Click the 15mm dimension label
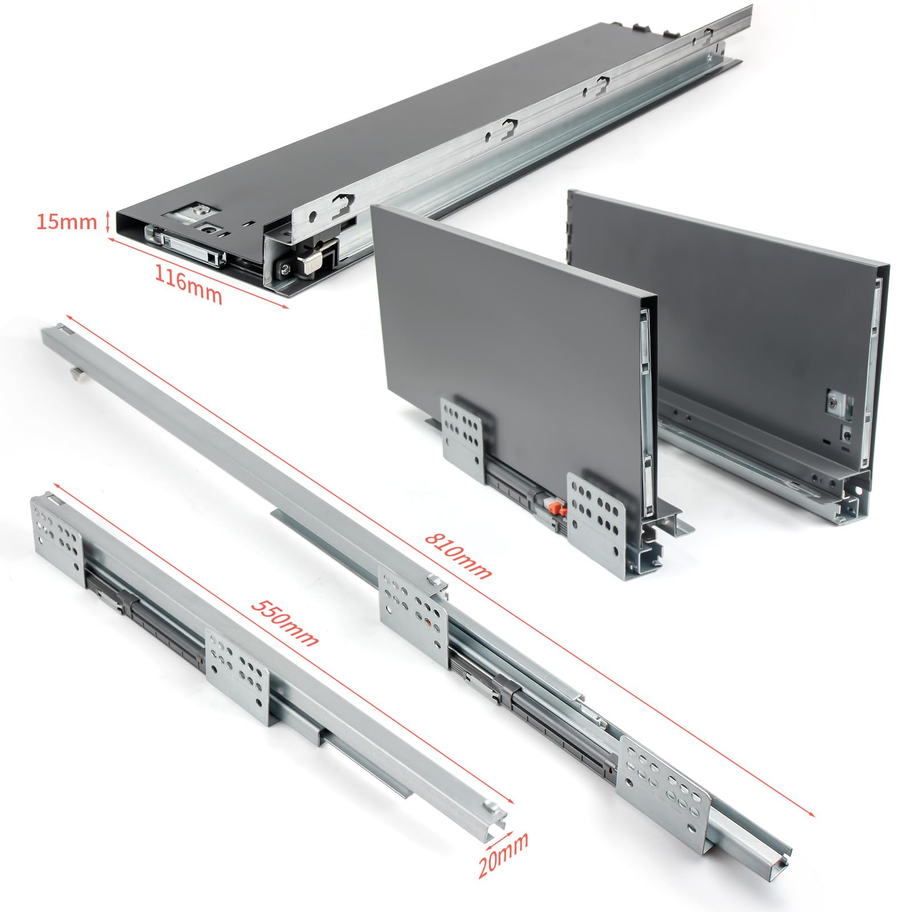coord(66,221)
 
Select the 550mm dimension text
coord(284,622)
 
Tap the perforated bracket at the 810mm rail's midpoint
coord(414,610)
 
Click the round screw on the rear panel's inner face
coord(833,404)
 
